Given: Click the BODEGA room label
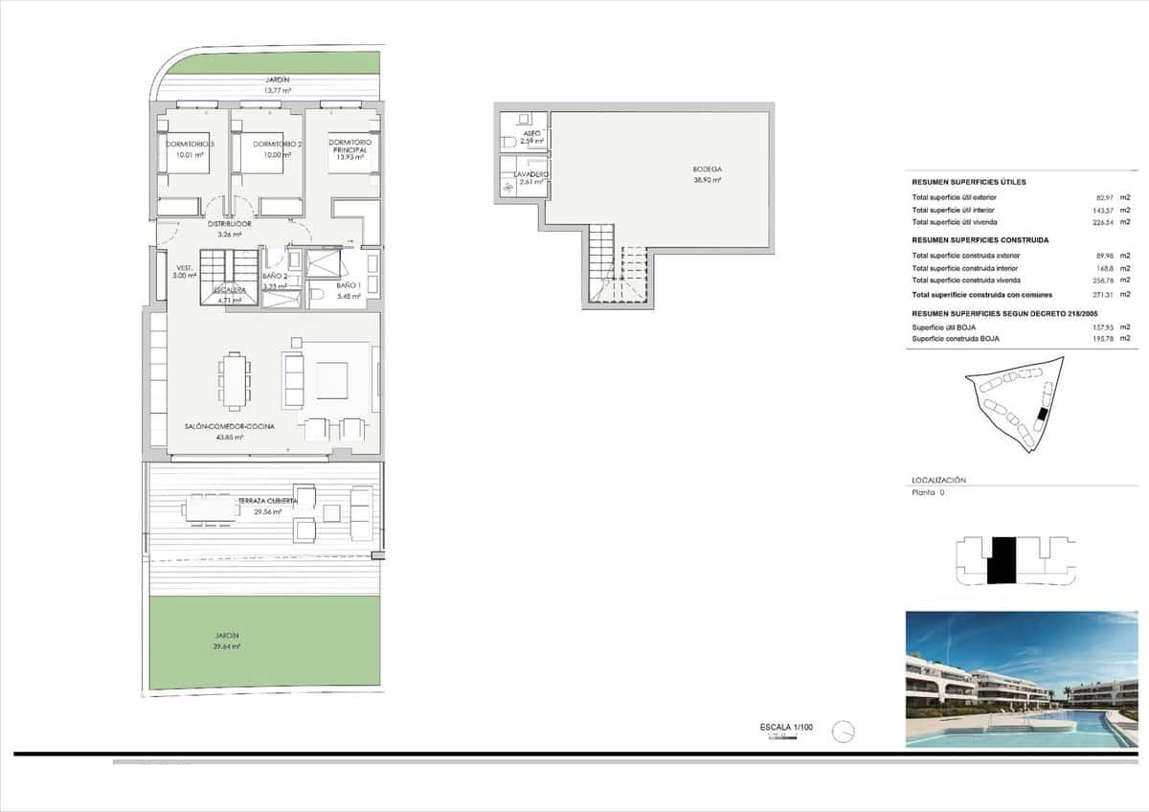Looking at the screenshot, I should point(708,169).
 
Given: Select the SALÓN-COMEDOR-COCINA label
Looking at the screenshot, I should point(230,426).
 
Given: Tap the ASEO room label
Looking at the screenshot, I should point(531,133).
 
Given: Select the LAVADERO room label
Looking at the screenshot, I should point(531,174).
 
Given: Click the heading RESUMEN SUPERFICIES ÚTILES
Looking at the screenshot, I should point(969,182).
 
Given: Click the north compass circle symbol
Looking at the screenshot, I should point(844,732).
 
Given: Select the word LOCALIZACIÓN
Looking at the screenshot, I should point(938,480).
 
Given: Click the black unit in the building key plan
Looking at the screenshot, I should point(1002,560).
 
